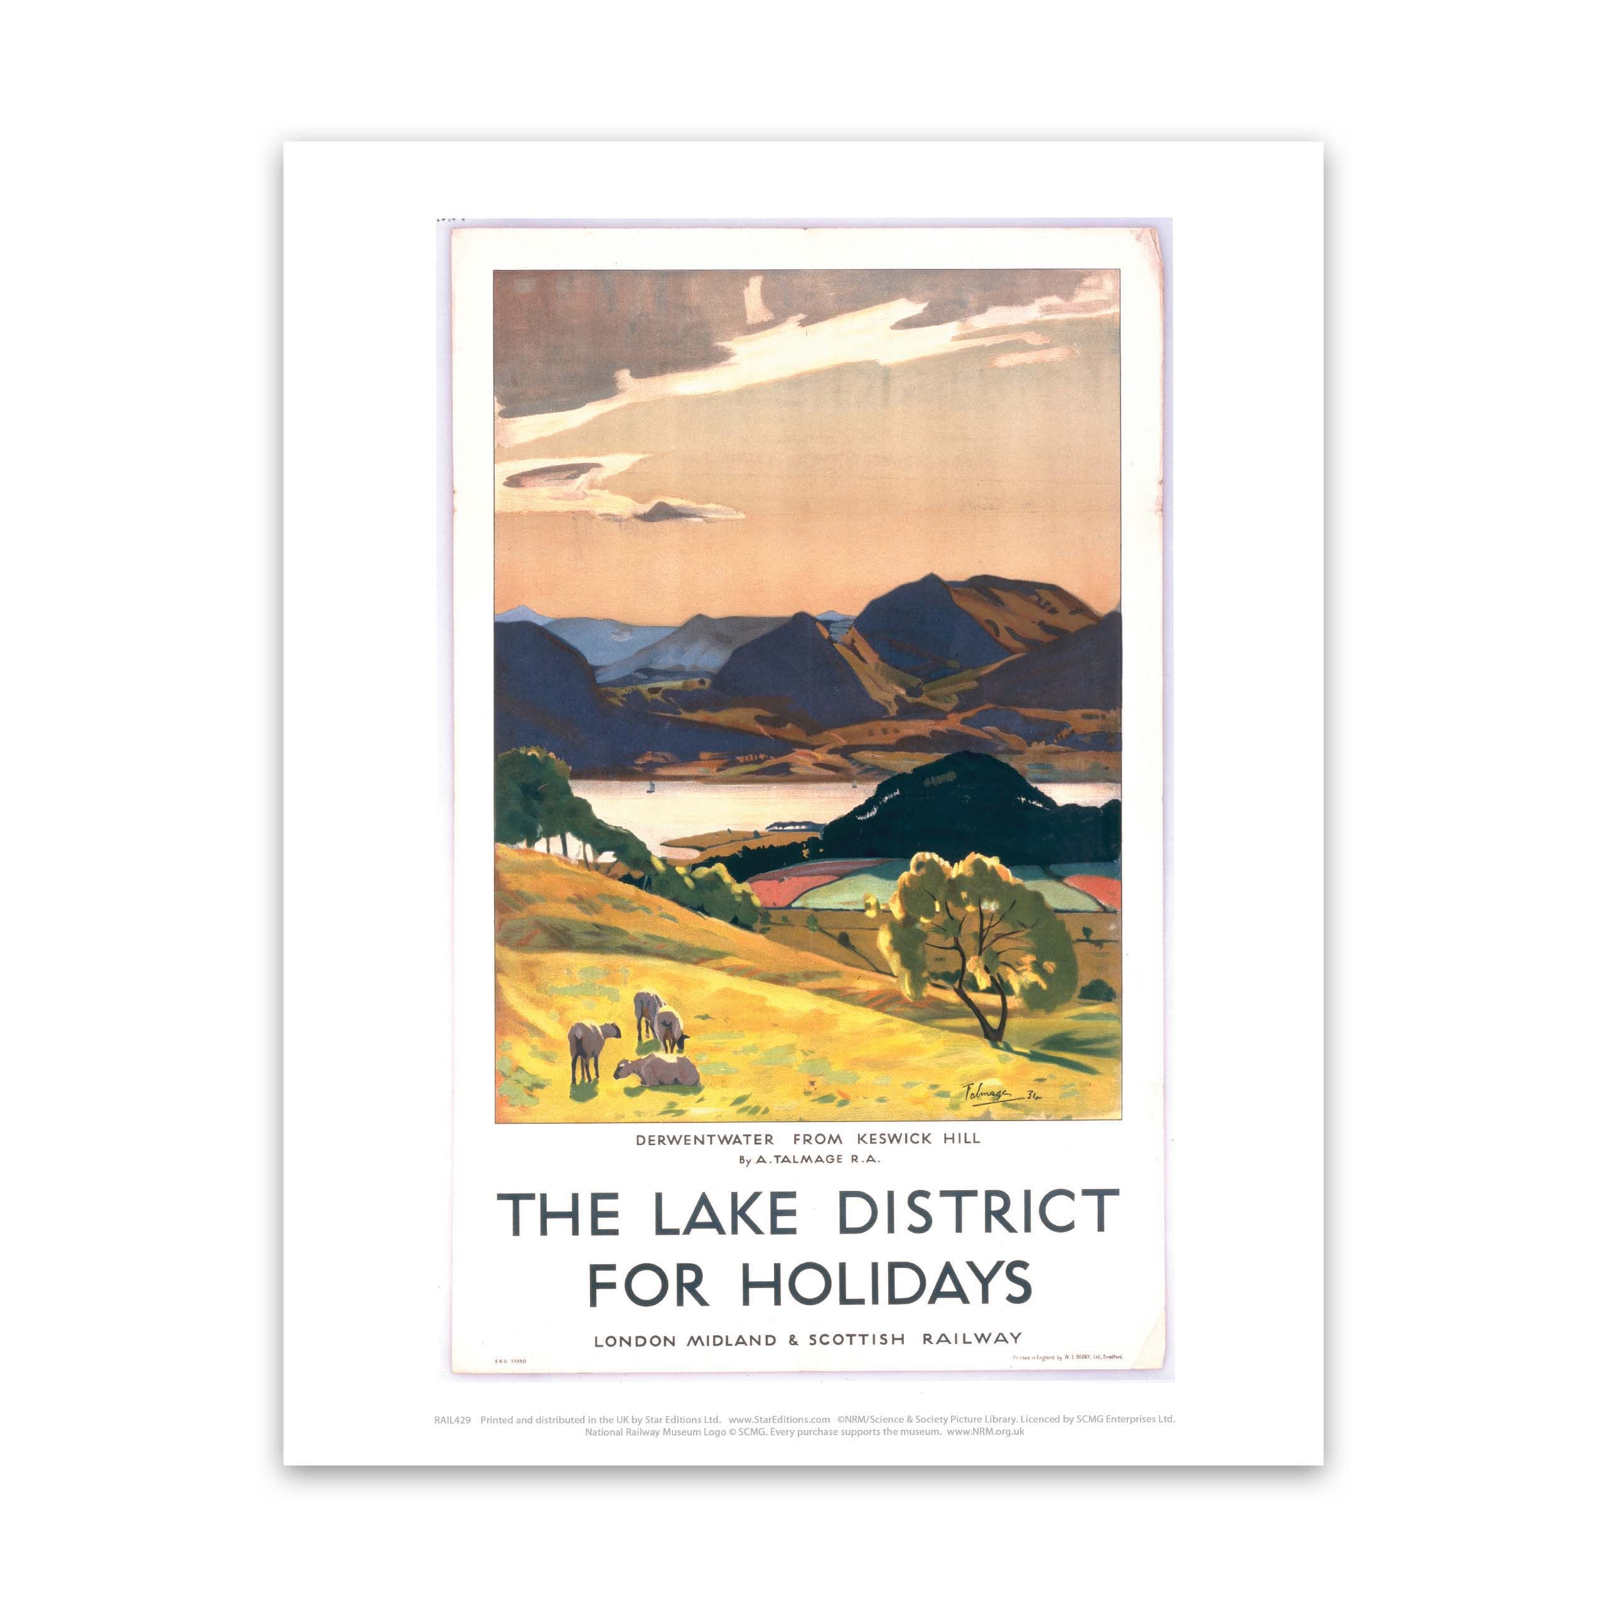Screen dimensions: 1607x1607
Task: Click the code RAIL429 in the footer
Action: (453, 1420)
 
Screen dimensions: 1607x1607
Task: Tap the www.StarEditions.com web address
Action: (778, 1420)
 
